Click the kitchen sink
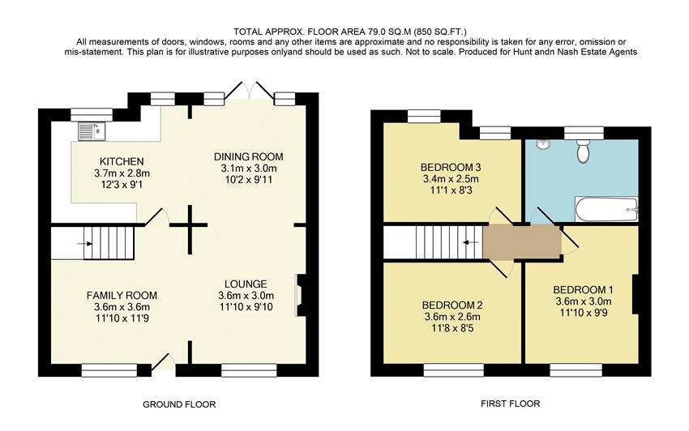point(91,130)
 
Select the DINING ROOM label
point(249,156)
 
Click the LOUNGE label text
point(246,284)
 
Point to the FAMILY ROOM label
point(122,295)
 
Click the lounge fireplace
point(300,295)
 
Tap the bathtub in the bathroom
point(605,211)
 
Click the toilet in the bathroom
point(582,150)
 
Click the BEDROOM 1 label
point(583,290)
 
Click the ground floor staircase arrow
point(85,242)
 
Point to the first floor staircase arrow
point(468,241)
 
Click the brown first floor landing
point(522,241)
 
